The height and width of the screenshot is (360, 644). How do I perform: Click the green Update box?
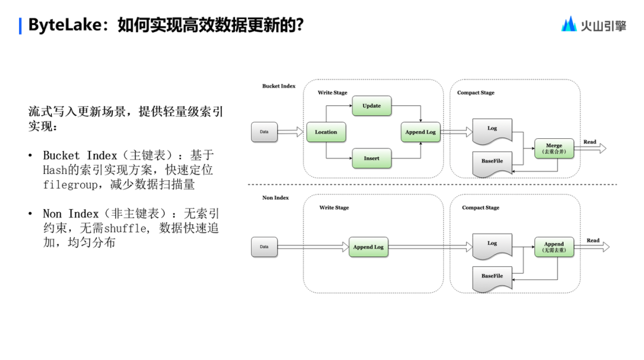371,106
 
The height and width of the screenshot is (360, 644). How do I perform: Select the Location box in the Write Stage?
326,132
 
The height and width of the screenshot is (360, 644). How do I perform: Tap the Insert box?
371,159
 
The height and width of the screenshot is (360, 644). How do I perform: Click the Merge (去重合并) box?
554,148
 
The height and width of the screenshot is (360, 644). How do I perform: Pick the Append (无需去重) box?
554,247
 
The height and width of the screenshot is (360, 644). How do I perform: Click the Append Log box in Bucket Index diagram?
420,132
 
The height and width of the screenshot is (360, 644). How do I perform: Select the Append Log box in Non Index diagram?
369,247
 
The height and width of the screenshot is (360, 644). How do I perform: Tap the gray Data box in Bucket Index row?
264,132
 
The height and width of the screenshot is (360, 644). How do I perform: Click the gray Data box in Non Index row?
264,247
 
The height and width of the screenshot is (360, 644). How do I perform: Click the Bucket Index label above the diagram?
279,86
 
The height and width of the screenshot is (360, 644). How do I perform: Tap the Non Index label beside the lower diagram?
275,198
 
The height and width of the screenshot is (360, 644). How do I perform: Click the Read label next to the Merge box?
590,142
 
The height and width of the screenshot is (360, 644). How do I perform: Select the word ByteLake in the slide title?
65,25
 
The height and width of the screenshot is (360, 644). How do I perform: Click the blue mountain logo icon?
569,24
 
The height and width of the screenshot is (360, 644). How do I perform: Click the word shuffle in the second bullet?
125,228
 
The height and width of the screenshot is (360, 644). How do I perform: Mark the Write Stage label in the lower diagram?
335,207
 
